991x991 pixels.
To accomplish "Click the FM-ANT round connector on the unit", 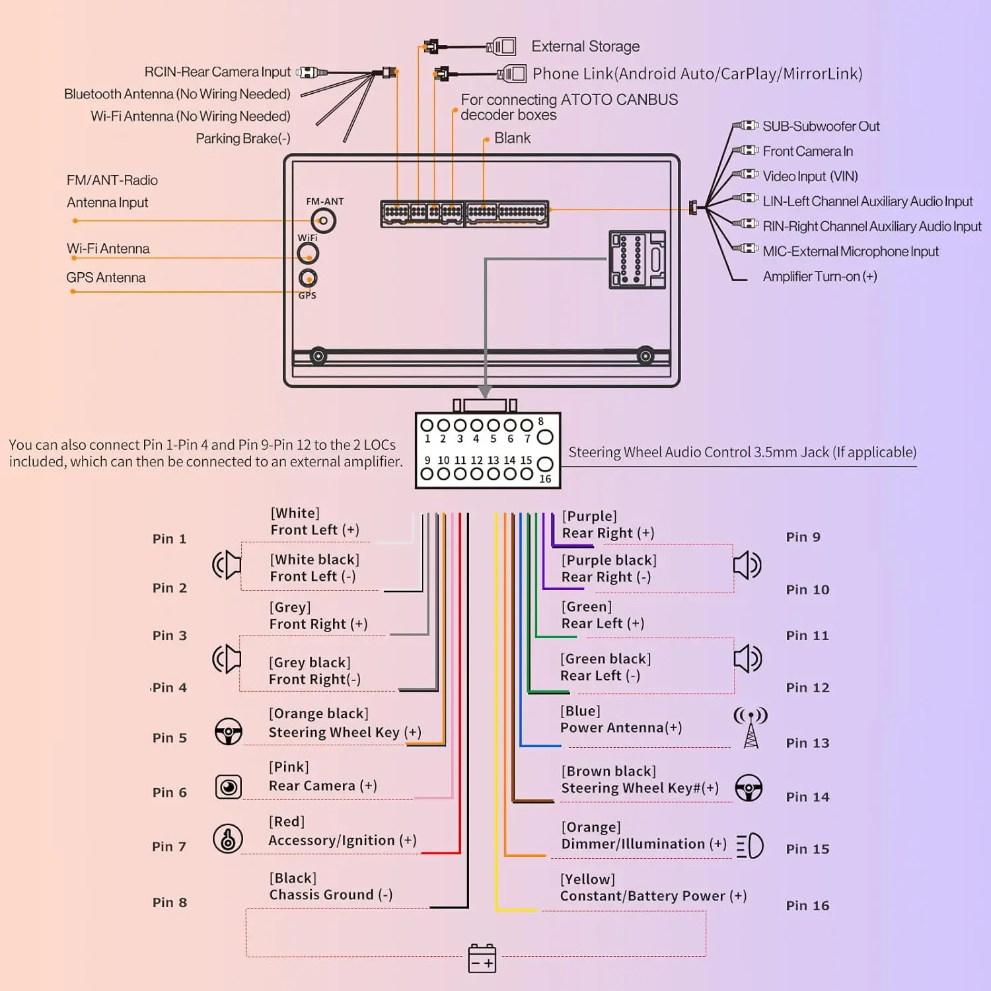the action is (324, 221).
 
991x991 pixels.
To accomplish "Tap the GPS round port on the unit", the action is (308, 278).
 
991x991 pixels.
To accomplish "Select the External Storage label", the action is (585, 46).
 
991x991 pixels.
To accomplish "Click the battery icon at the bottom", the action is (482, 958).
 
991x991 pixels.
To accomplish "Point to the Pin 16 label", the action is (807, 906).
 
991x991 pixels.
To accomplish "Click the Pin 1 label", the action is (169, 538).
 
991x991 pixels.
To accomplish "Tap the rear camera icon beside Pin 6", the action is (229, 787).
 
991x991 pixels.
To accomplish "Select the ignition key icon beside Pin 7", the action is (228, 839).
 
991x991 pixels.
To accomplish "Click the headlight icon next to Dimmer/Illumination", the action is (750, 846).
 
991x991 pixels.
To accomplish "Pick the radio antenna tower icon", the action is (751, 727).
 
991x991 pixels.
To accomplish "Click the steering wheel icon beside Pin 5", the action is (229, 731).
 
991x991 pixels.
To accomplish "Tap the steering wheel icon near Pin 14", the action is (749, 788).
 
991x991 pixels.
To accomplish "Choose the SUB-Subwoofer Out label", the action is (821, 126).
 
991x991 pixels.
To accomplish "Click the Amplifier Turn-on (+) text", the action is (820, 276).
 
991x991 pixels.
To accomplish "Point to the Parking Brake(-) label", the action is (243, 138).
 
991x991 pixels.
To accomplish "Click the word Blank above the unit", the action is (512, 138).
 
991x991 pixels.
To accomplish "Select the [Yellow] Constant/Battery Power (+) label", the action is (653, 887).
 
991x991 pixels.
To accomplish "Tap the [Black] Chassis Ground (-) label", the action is (331, 886).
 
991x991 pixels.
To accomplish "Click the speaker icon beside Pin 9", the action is (748, 565).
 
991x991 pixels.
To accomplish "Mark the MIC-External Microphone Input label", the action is (851, 251).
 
